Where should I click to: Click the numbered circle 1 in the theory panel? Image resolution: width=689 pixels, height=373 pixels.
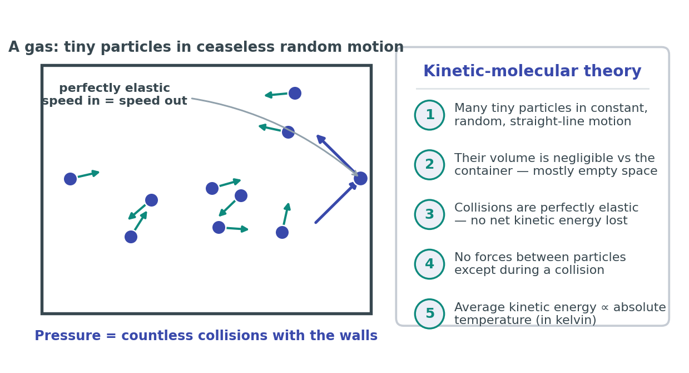click(429, 115)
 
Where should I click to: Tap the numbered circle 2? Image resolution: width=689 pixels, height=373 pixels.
click(429, 165)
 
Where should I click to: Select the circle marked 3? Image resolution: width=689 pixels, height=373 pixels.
click(429, 214)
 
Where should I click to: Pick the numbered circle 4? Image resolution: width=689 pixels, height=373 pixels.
click(429, 264)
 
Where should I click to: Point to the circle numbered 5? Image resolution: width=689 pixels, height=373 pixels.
click(429, 313)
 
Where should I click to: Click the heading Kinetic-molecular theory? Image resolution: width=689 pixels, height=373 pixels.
click(532, 71)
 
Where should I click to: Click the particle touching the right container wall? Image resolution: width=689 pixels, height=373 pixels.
click(360, 178)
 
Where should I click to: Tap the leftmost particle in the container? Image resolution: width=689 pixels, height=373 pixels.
click(70, 179)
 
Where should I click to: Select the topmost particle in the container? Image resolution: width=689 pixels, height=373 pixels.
click(295, 93)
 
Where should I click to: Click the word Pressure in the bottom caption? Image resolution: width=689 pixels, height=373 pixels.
click(68, 336)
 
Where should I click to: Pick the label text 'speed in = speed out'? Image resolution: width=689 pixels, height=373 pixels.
click(115, 101)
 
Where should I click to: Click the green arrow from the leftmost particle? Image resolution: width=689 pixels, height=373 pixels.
click(88, 174)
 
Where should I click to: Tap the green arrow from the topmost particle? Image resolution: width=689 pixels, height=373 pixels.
click(276, 95)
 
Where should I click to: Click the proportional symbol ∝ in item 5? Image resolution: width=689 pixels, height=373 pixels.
click(604, 308)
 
